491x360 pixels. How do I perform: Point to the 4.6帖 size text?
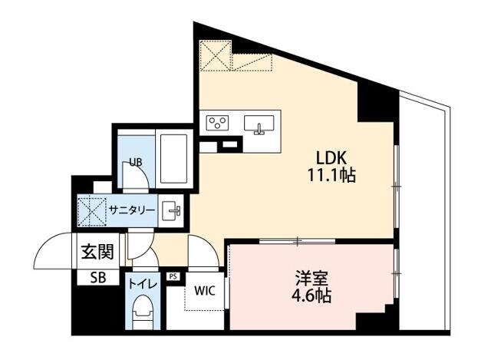point(311,295)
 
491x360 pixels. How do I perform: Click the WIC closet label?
point(204,291)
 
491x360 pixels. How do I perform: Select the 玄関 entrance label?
point(97,252)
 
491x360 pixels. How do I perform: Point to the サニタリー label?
point(132,210)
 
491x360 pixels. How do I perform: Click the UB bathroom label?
point(135,162)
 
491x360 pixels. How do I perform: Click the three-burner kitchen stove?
point(218,123)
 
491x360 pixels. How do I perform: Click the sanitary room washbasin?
point(171,209)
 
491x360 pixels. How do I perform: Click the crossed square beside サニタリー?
point(91,210)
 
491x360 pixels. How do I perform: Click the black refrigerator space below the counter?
point(230,144)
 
